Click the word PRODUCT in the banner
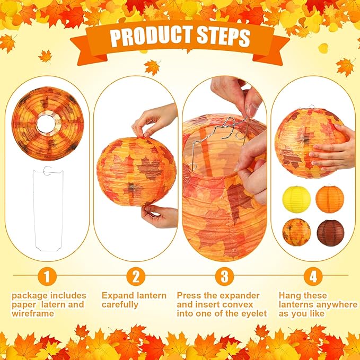coord(152,37)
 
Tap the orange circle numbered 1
coord(47,276)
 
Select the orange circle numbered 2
coord(136,276)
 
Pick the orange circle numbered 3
coord(225,276)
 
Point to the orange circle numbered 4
coord(313,276)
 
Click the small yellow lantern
coord(296,199)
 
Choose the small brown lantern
coord(331,233)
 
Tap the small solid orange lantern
coord(330,199)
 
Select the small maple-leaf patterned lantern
coord(296,232)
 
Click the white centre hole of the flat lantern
coord(46,124)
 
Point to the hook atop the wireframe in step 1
coord(48,171)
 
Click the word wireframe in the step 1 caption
coord(33,313)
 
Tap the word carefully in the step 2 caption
coord(120,305)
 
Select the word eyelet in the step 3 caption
coord(253,313)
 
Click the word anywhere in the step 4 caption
coord(338,304)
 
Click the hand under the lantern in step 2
coord(159,216)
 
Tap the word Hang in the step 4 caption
coord(289,296)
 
